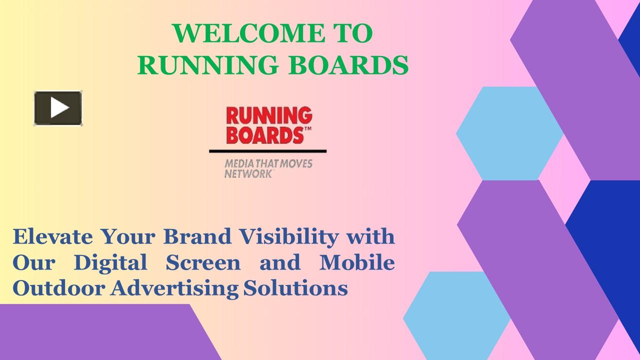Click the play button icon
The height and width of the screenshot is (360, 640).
tap(58, 108)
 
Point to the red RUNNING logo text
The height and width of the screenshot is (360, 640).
tap(269, 116)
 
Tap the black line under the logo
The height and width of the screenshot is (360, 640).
tap(267, 150)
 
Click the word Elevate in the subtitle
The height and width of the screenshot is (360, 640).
tap(52, 236)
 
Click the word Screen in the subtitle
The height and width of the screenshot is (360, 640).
tap(203, 262)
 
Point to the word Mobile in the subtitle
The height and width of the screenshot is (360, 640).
tap(357, 262)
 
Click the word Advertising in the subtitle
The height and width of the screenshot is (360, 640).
tap(174, 288)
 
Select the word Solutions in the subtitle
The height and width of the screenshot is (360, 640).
tap(296, 288)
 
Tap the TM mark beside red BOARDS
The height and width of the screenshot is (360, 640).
tap(308, 129)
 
